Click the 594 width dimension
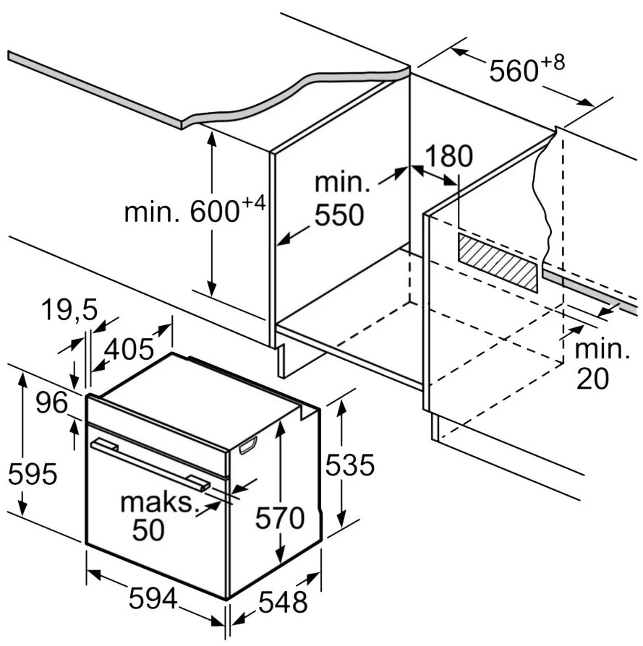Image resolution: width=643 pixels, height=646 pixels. click(x=153, y=598)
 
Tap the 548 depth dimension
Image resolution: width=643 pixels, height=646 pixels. click(x=283, y=601)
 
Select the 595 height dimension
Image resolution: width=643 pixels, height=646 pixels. click(x=33, y=474)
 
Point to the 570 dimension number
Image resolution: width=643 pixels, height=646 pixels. click(x=280, y=517)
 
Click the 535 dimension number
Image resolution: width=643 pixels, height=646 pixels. click(x=350, y=465)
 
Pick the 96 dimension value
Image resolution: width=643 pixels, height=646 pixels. click(x=51, y=402)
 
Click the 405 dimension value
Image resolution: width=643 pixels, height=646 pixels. click(x=129, y=349)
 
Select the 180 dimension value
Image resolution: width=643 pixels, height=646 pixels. click(x=448, y=156)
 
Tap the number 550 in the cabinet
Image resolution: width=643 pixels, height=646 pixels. click(x=339, y=214)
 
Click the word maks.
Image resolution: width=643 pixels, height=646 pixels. click(x=157, y=502)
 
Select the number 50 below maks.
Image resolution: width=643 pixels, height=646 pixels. click(x=148, y=530)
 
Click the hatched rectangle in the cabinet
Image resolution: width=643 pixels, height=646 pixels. click(x=498, y=262)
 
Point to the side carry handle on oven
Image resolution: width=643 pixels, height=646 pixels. click(x=247, y=445)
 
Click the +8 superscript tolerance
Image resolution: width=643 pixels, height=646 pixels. click(x=553, y=63)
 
